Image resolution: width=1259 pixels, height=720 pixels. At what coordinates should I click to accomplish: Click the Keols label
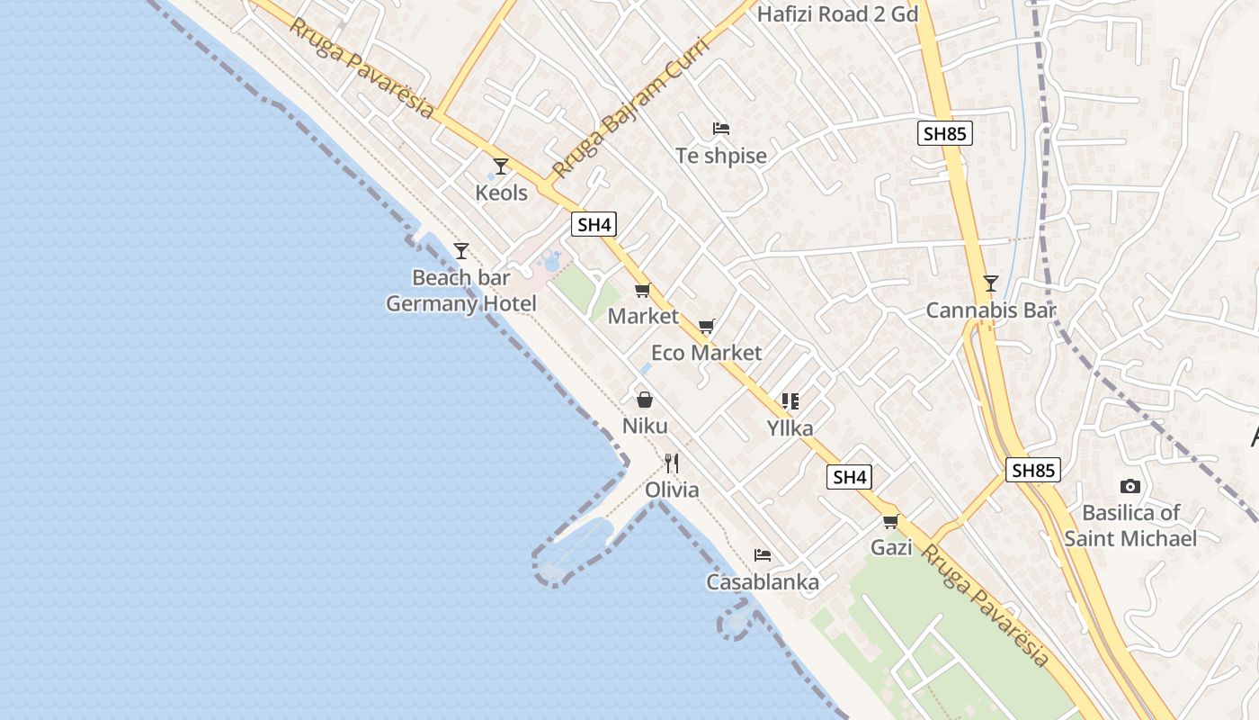point(501,193)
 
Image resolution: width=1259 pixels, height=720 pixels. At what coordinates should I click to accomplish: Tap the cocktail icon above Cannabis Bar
point(990,283)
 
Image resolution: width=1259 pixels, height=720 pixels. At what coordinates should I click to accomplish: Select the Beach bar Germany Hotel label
point(460,291)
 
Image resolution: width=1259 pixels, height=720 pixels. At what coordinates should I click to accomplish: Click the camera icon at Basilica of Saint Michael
point(1130,486)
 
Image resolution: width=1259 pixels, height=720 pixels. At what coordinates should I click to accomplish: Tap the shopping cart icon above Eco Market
point(707,326)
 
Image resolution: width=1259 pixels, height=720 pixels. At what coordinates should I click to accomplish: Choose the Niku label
point(645,426)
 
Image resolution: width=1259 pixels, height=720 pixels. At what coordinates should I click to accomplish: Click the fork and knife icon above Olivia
point(672,463)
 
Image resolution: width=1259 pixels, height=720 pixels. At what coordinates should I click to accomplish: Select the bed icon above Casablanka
point(763,555)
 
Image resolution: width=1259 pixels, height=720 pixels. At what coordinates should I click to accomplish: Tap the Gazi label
point(891,547)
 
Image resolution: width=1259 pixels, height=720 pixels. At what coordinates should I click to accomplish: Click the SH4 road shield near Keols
point(594,224)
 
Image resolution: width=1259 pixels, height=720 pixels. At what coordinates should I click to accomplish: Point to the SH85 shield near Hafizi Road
point(945,134)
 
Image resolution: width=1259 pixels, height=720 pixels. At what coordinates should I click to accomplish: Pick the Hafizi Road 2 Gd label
point(837,14)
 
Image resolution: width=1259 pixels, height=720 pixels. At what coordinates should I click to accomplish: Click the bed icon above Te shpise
point(721,129)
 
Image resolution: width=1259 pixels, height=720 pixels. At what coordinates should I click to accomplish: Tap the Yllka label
point(790,428)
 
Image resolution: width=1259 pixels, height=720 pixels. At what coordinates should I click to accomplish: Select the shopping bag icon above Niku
point(645,400)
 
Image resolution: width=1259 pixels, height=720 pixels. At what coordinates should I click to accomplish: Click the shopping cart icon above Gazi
point(891,521)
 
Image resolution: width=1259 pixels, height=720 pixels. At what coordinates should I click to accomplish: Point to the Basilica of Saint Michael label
point(1130,526)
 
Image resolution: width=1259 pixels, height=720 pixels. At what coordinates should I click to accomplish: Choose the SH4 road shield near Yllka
point(850,477)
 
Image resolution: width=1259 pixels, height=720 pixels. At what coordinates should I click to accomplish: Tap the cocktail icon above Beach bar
point(461,251)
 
